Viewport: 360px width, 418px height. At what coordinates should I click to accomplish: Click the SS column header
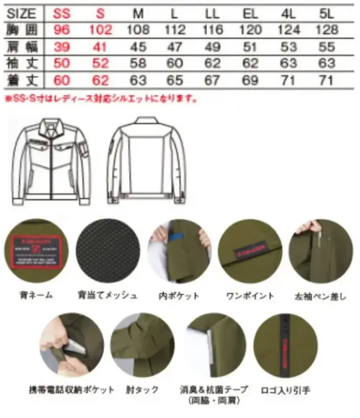click(x=58, y=13)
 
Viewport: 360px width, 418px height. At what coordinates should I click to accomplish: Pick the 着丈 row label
click(x=20, y=79)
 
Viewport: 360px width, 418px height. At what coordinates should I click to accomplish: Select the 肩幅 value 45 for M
click(x=139, y=47)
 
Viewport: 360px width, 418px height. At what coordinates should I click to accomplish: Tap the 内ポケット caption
click(x=175, y=295)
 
